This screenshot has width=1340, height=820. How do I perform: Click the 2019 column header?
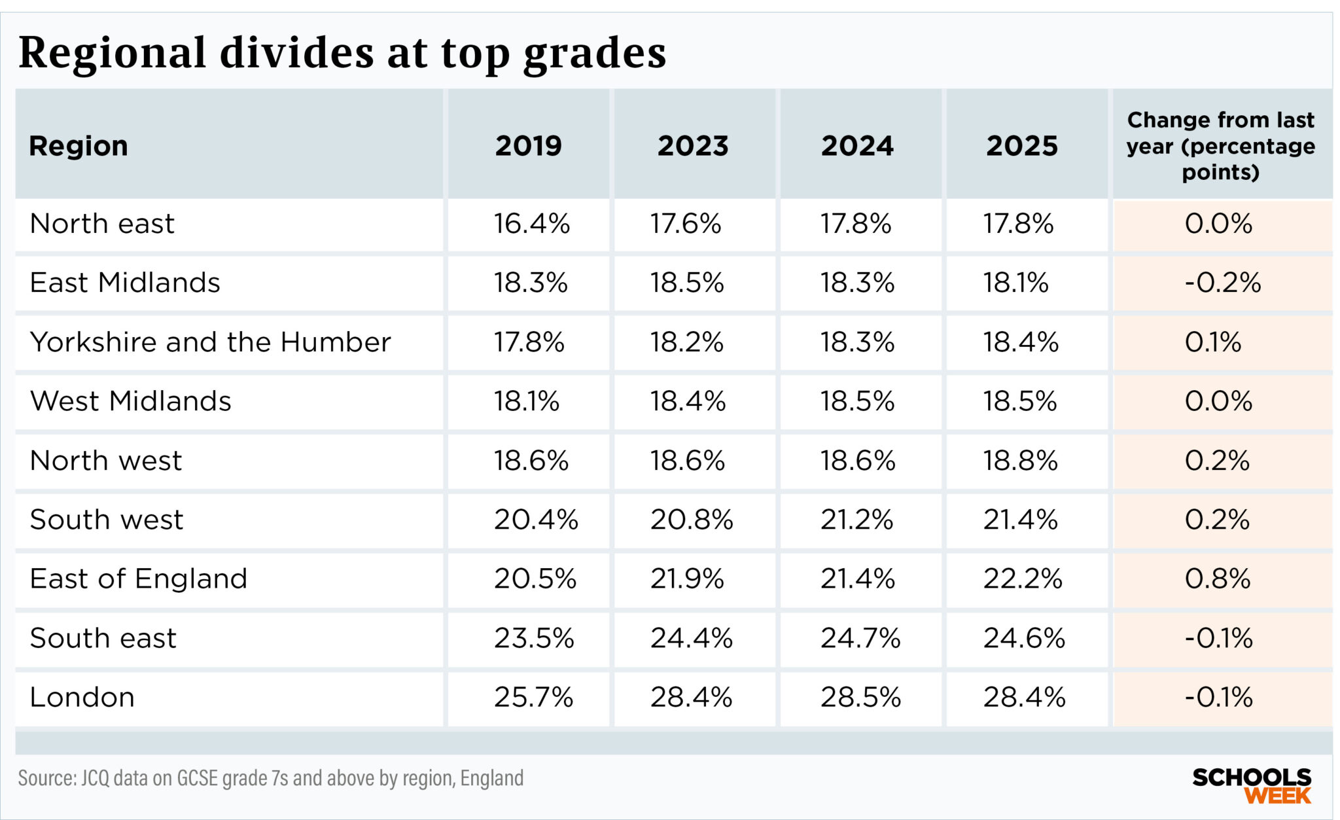click(528, 145)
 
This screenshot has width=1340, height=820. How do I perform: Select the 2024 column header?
click(857, 145)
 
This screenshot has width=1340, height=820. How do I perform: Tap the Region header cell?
click(79, 145)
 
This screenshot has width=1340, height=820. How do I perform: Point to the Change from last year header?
click(1220, 145)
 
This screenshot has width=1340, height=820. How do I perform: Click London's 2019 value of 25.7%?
click(533, 697)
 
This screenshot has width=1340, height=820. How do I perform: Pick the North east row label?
click(102, 224)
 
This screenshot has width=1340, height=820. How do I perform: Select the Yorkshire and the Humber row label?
click(210, 342)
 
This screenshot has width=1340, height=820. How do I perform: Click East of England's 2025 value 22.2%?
click(1022, 579)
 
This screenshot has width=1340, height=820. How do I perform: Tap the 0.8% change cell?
click(1217, 579)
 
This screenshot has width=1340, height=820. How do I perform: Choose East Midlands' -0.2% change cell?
click(1222, 283)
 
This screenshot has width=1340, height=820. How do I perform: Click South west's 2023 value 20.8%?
click(691, 520)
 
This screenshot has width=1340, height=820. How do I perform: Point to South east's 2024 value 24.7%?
click(860, 638)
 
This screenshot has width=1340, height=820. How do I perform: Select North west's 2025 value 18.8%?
click(1020, 461)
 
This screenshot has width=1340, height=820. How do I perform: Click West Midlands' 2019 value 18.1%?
click(526, 401)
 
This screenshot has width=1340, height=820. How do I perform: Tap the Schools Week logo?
click(1251, 786)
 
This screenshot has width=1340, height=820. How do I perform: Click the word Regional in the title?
click(112, 52)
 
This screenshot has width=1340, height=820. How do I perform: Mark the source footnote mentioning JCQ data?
click(270, 778)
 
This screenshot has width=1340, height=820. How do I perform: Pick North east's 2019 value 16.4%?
click(531, 224)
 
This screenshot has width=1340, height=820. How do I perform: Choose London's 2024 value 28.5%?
click(860, 697)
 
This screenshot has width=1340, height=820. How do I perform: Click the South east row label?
click(103, 638)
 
